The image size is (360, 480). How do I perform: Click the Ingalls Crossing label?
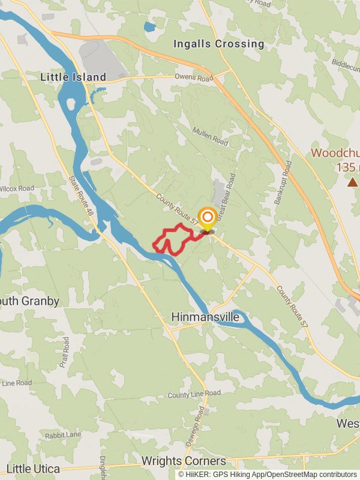tap(218, 44)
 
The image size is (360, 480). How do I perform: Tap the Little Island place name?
tap(73, 77)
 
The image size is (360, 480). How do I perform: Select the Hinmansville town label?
tap(205, 316)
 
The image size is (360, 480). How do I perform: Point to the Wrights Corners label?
tap(184, 461)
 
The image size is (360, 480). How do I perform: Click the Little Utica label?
tap(33, 469)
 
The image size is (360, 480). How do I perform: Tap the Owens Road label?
tap(194, 77)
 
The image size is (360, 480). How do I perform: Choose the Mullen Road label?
tap(210, 137)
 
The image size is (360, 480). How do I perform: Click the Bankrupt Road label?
tap(283, 182)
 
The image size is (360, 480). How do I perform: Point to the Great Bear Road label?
tap(227, 198)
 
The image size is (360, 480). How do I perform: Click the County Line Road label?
tap(194, 394)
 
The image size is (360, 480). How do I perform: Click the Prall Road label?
tap(64, 352)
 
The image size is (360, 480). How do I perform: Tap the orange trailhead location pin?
tap(208, 218)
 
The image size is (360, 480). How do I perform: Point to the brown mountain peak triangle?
tap(352, 181)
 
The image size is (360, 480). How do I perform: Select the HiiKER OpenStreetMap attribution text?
tap(268, 474)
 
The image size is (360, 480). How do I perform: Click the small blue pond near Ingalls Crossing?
tap(149, 27)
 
